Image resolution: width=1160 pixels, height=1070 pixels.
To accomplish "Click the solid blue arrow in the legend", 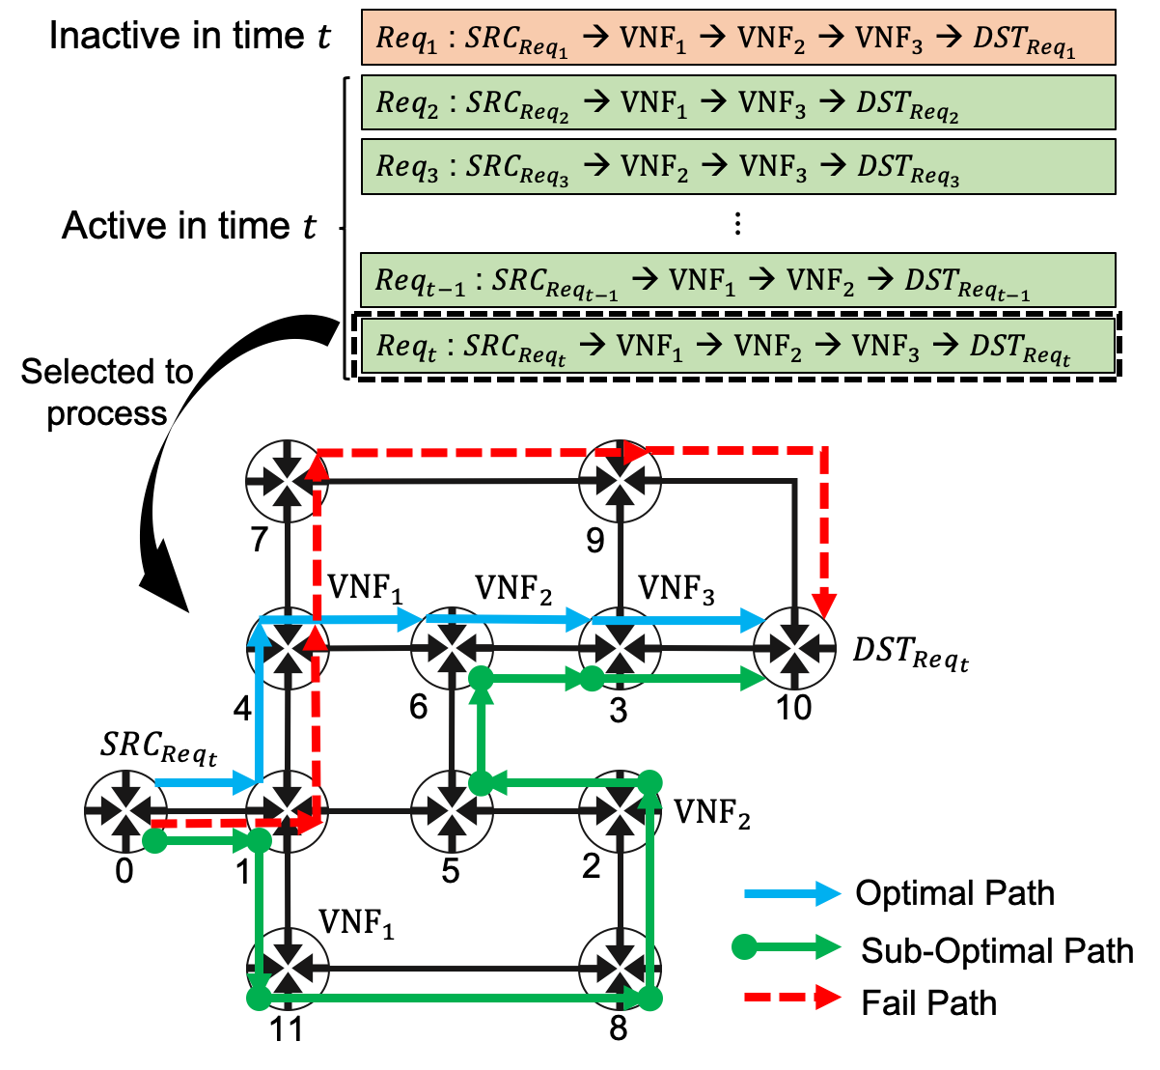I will (792, 894).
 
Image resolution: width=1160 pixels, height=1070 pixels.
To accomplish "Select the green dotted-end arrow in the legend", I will (792, 947).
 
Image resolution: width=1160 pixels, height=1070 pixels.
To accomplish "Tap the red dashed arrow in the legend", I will (792, 997).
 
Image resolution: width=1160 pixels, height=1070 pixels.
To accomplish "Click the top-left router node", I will (288, 479).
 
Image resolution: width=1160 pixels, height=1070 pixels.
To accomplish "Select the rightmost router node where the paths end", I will (793, 649).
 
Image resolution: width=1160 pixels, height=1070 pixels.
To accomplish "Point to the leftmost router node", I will (125, 811).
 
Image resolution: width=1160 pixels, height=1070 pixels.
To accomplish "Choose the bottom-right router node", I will (620, 968).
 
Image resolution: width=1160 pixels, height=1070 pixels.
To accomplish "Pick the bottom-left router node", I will (288, 968).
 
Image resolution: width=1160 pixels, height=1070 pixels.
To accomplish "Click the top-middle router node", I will (620, 479).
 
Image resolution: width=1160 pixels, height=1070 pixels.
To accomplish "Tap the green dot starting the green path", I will (153, 841).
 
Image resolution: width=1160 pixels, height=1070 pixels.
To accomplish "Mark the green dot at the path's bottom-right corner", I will (650, 999).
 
